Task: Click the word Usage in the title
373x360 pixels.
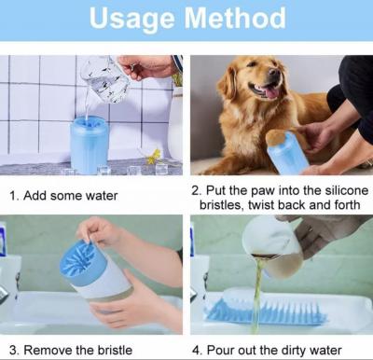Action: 131,20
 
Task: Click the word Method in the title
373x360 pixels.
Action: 235,18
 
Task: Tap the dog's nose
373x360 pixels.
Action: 274,73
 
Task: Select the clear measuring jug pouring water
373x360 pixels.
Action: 104,78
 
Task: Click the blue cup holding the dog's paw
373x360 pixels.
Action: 287,152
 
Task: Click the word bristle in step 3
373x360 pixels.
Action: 115,350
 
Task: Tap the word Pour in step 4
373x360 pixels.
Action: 219,351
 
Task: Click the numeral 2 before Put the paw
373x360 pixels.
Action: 195,190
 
